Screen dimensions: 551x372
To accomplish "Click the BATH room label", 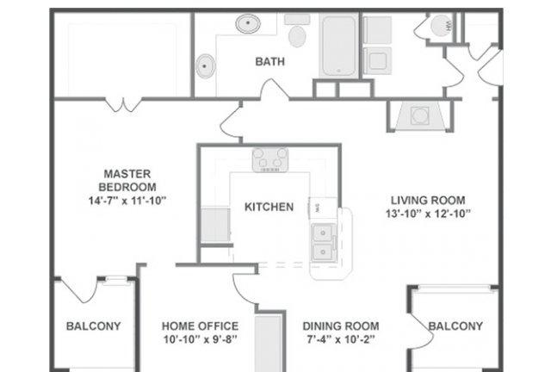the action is point(269,61).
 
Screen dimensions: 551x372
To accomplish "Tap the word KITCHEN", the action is point(269,207).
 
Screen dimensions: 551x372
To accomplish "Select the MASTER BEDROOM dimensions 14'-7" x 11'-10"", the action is point(127,201).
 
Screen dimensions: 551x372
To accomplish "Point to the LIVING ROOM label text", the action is point(428,201).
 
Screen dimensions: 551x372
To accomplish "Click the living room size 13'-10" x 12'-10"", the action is point(428,214).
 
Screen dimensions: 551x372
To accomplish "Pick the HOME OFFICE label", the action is point(200,326).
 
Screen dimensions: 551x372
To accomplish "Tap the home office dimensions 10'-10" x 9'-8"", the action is point(201,339).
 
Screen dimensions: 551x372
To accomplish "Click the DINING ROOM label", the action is point(341,326).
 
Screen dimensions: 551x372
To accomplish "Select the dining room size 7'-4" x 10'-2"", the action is point(340,339).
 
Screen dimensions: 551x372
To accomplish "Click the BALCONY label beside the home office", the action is point(94,326).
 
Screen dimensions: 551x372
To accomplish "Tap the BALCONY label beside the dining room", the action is point(455,326).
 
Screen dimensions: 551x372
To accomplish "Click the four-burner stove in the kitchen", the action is point(269,160).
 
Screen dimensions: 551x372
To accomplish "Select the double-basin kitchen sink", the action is point(323,243).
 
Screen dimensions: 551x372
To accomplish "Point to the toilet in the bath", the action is point(297,31).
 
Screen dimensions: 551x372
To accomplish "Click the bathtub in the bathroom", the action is point(338,46).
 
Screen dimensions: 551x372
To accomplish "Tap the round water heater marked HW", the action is point(441,26).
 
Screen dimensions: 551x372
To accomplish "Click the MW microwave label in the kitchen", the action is point(318,208).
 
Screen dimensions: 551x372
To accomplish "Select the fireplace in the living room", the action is point(419,116).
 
